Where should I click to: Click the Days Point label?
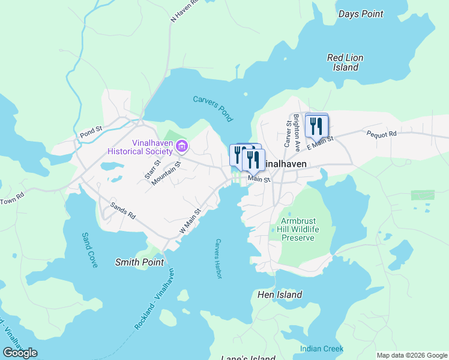360,13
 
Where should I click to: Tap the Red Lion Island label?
345,62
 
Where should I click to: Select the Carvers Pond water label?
212,106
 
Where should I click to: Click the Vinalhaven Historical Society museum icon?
182,146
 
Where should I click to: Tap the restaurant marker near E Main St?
316,127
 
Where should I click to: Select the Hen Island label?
279,295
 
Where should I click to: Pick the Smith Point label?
139,262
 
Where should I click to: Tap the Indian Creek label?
322,349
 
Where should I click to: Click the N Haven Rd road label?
184,12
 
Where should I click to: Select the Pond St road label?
91,130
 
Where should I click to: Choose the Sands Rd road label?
122,210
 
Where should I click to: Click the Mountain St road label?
166,173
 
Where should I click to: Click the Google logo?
20,352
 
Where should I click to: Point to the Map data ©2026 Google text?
412,355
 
